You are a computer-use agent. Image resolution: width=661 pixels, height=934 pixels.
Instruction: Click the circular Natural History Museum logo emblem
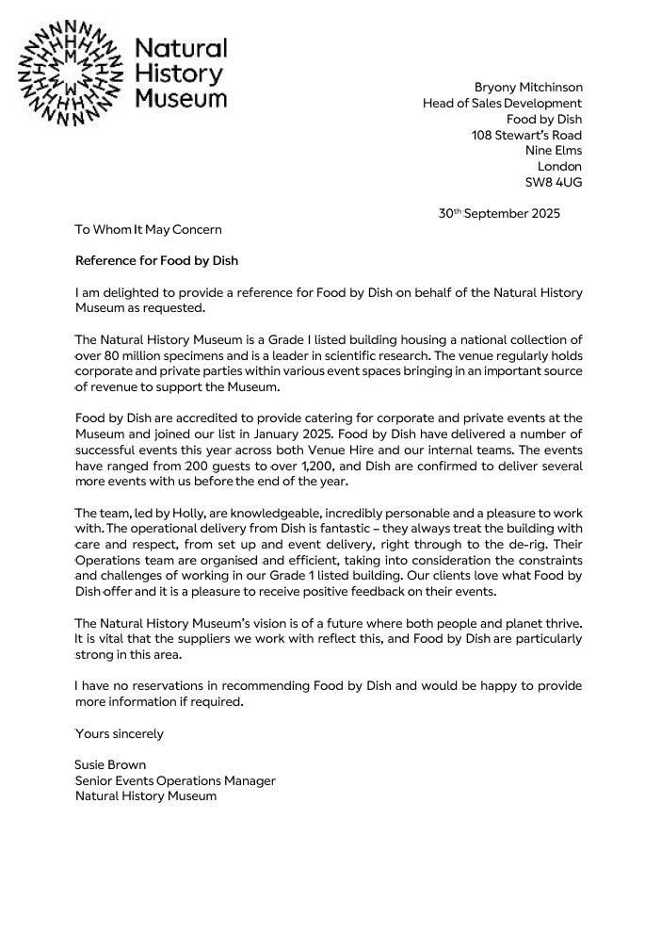coord(71,74)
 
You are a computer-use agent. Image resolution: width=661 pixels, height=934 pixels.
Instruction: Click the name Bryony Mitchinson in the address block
coord(527,88)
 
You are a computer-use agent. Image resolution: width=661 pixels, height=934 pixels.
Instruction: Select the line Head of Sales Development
coord(502,104)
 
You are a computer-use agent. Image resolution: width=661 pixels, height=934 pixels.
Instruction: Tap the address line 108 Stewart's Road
coord(526,135)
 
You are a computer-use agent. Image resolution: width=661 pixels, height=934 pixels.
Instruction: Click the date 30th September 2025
coord(499,214)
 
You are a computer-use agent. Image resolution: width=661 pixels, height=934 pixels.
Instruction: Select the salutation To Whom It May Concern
coord(149,229)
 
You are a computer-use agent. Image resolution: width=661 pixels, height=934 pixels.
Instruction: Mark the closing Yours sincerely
coord(119,733)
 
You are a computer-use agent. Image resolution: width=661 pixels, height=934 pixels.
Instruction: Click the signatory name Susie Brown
coord(110,765)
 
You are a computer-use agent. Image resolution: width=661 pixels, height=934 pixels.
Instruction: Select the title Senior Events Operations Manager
coord(175,780)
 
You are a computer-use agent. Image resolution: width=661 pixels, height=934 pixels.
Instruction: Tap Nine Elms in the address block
coord(553,151)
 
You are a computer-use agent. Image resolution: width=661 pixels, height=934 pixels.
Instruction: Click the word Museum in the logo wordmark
coord(181,98)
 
